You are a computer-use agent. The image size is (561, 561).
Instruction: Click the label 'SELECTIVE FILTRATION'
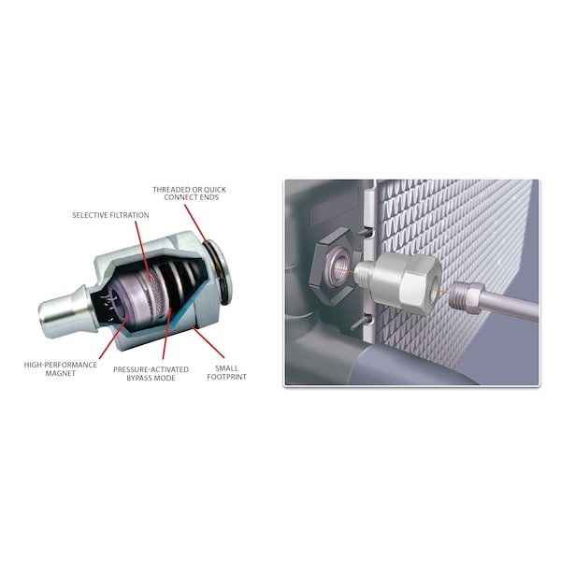pyautogui.click(x=110, y=215)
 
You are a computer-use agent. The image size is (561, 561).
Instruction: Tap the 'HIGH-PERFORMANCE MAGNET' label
pyautogui.click(x=61, y=369)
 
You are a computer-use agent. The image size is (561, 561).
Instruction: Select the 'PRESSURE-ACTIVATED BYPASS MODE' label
pyautogui.click(x=151, y=373)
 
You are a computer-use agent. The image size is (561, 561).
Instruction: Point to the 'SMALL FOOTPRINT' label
pyautogui.click(x=226, y=372)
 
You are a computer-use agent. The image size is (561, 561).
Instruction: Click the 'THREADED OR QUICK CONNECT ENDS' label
pyautogui.click(x=189, y=194)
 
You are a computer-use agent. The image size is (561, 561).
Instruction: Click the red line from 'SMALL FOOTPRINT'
pyautogui.click(x=208, y=341)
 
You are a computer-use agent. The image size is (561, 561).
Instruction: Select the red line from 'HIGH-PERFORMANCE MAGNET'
pyautogui.click(x=114, y=337)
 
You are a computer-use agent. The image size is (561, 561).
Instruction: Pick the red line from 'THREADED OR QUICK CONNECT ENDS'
pyautogui.click(x=195, y=223)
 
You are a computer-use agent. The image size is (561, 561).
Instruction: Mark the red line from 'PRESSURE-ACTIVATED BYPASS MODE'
pyautogui.click(x=166, y=333)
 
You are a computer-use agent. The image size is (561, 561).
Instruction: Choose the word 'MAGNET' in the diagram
pyautogui.click(x=61, y=373)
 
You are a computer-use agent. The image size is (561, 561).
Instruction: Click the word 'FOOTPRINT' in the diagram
pyautogui.click(x=226, y=377)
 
